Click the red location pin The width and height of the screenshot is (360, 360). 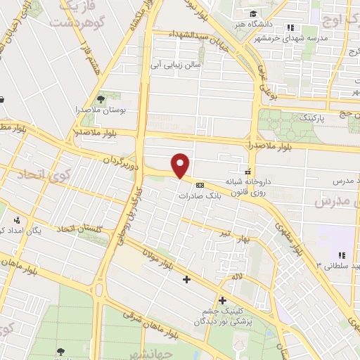pyautogui.click(x=181, y=166)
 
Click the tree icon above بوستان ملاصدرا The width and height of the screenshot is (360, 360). pyautogui.click(x=101, y=98)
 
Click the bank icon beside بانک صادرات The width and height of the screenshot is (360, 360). pyautogui.click(x=200, y=185)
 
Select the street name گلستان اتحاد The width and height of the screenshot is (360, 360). pyautogui.click(x=79, y=230)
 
